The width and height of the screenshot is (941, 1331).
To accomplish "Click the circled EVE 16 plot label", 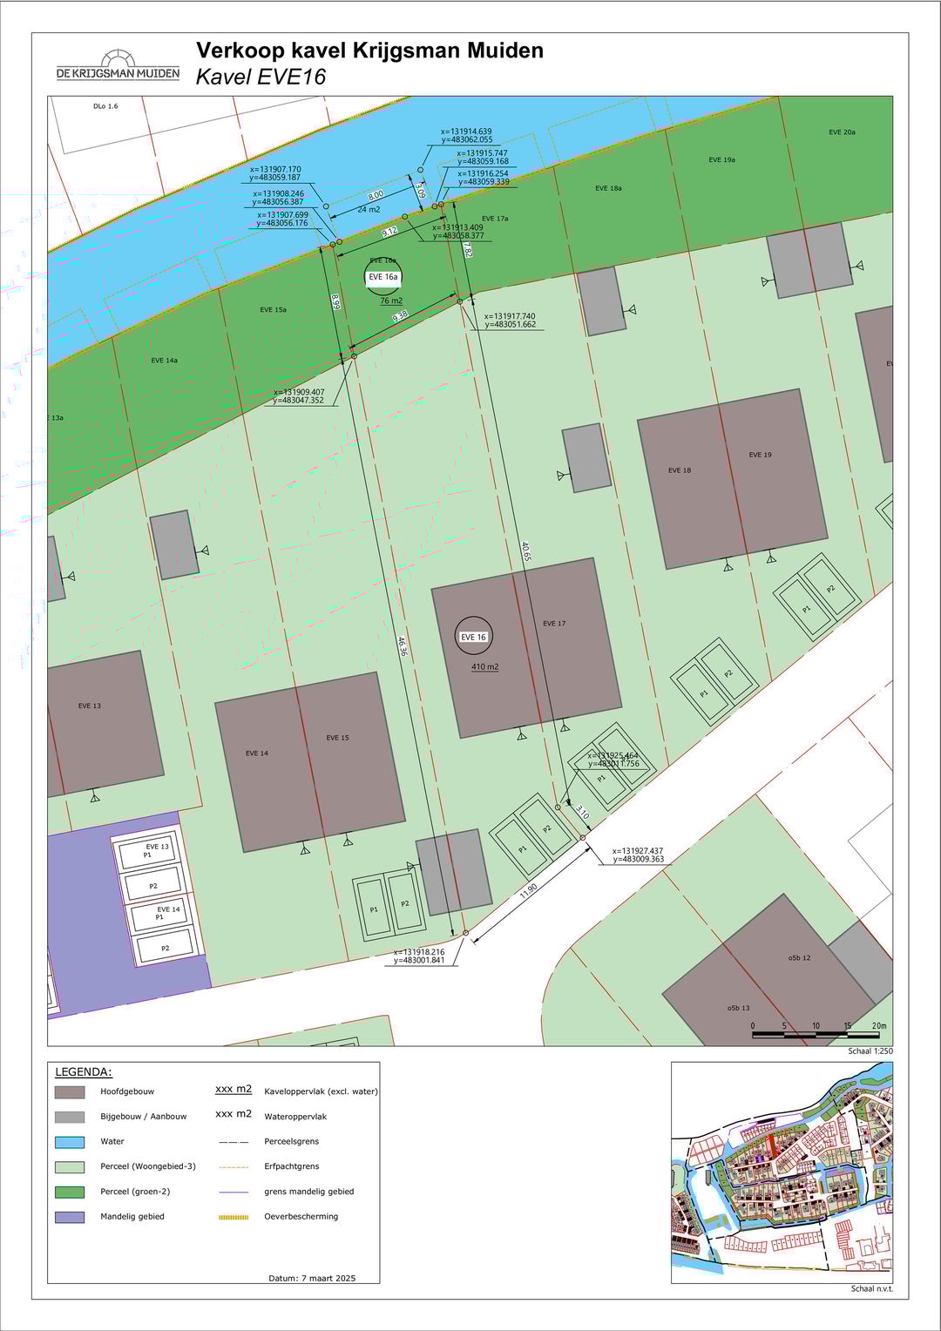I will (x=473, y=637).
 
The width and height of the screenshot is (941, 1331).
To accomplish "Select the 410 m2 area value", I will (x=485, y=666).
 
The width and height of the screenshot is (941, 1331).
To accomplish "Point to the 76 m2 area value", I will (x=391, y=301).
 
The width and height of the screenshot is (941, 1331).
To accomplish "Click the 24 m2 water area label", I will (x=369, y=209).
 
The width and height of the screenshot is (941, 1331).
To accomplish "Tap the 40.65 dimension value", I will (x=525, y=551).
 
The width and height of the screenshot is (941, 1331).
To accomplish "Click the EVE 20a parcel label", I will (x=842, y=132).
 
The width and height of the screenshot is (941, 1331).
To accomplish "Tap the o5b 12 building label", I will (x=799, y=957).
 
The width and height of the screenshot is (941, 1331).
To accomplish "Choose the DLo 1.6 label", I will (x=105, y=106).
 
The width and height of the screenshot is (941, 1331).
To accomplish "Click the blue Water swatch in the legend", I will (x=70, y=1141).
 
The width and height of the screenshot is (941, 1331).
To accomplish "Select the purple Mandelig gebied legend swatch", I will (x=70, y=1217).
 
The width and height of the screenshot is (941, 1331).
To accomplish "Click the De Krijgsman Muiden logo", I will (x=118, y=65).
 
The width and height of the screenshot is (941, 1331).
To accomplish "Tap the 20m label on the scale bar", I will (x=878, y=1026).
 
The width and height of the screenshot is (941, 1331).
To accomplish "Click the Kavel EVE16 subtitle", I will (x=261, y=77).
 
